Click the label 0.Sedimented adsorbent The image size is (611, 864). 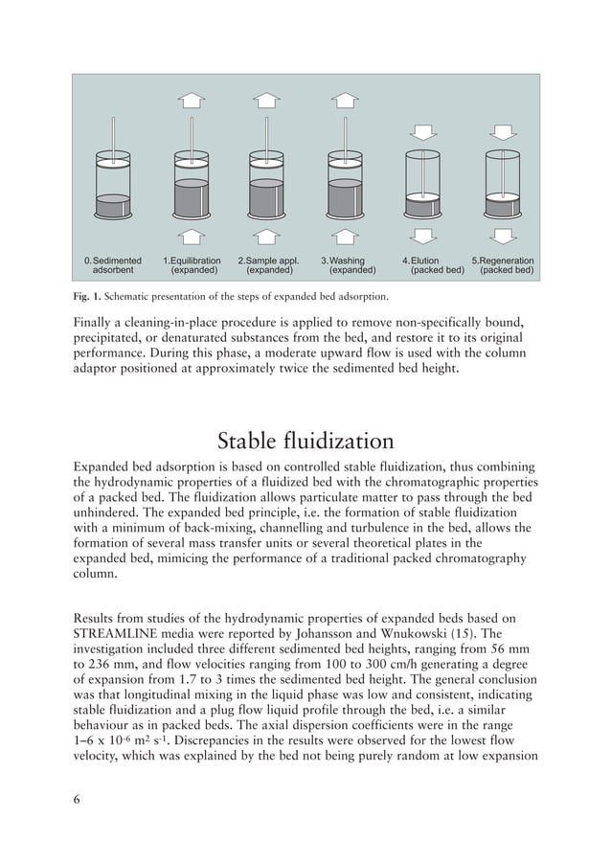[x=113, y=265]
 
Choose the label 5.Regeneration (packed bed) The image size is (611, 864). [x=504, y=265]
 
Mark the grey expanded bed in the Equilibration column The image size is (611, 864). [x=192, y=197]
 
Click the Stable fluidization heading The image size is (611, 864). [x=305, y=442]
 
